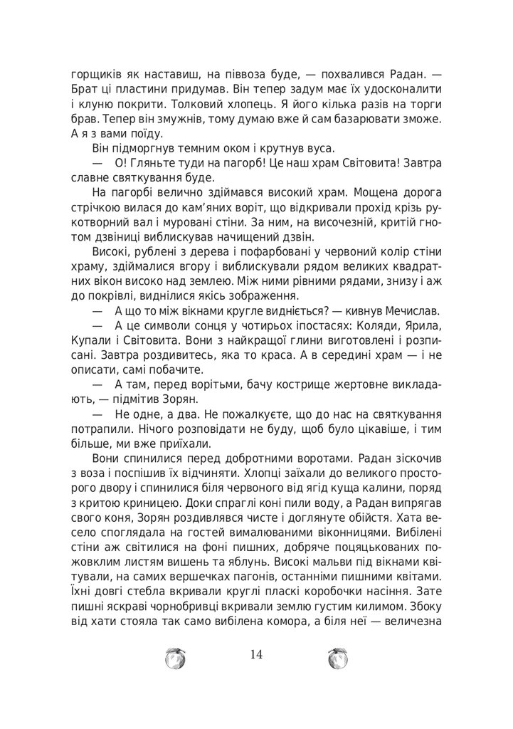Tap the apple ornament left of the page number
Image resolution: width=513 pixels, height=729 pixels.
[x=176, y=659]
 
